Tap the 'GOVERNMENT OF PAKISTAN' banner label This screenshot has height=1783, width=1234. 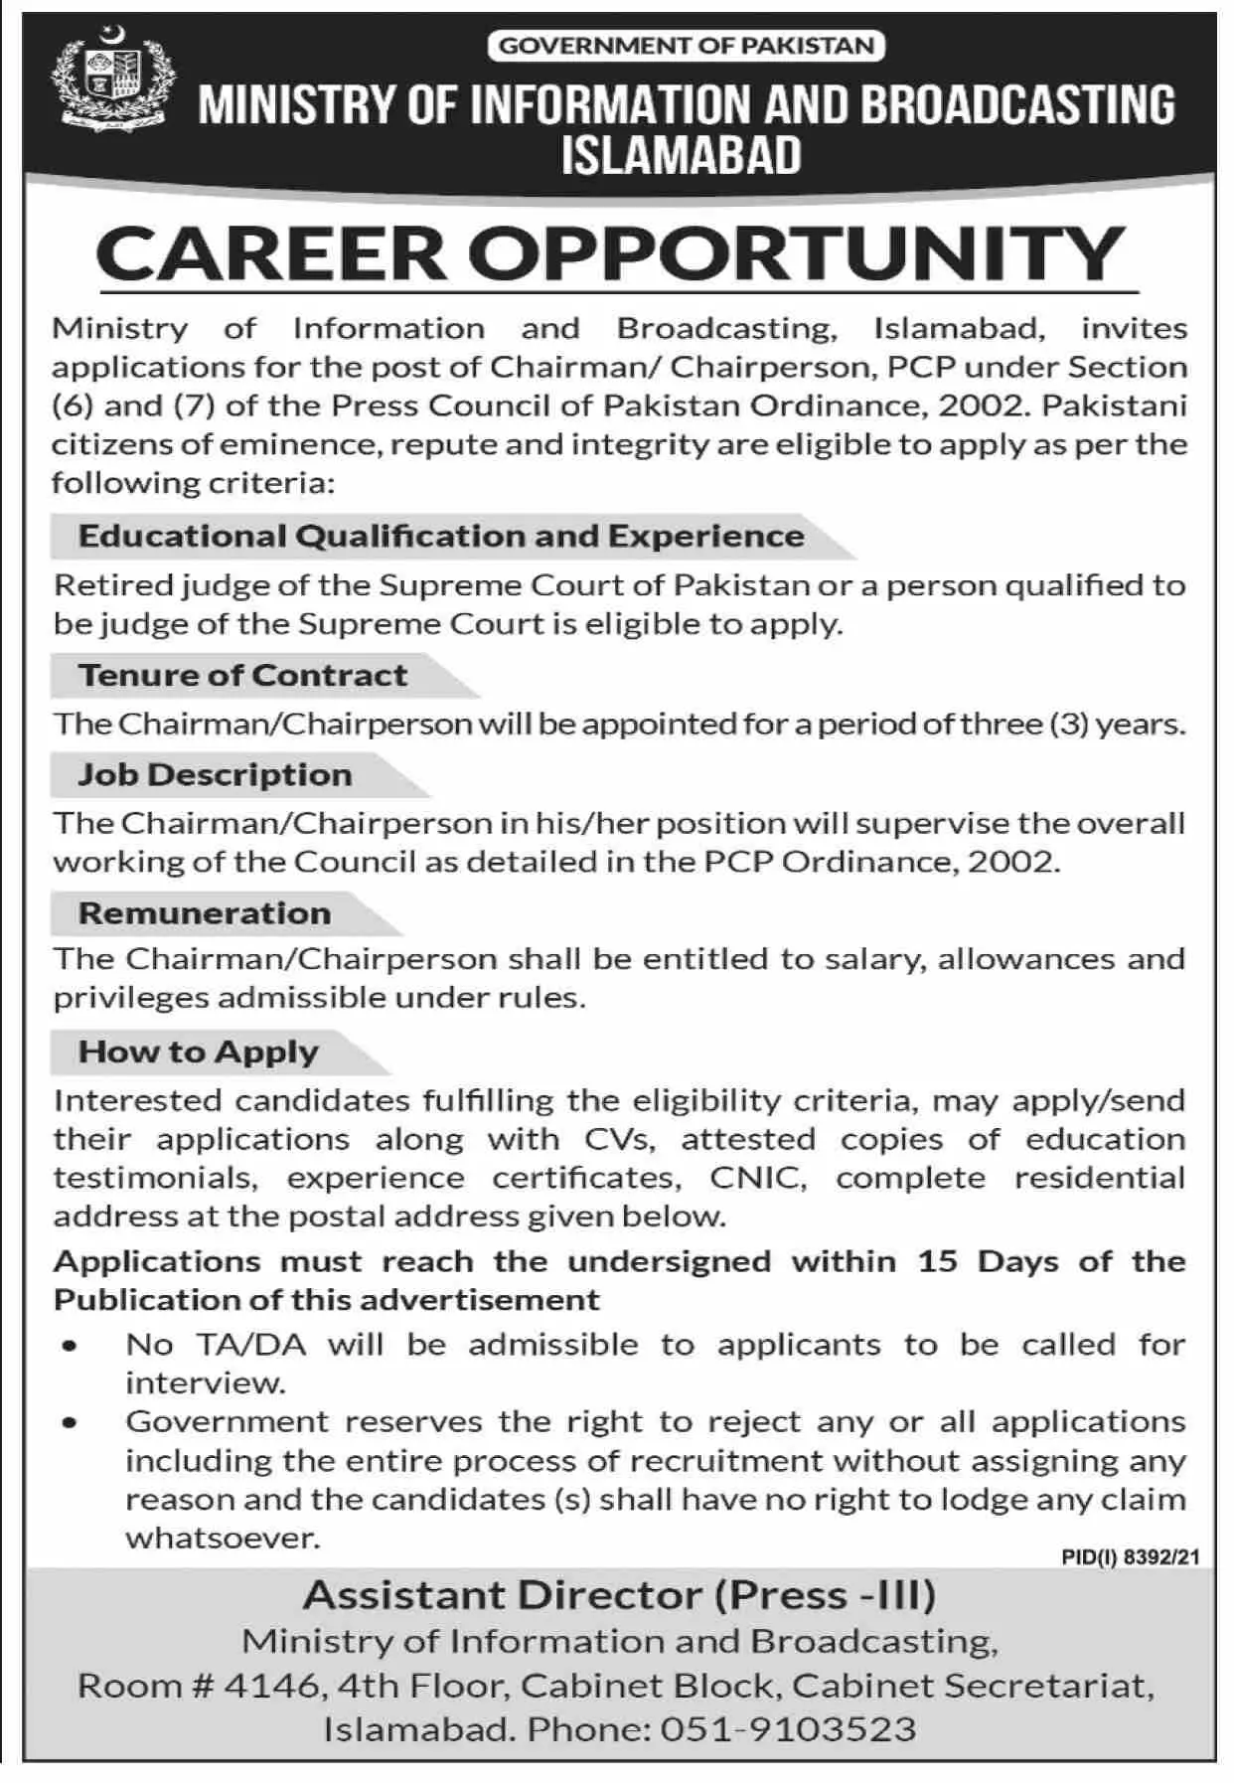pos(687,46)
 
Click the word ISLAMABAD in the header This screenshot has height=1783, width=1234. pos(682,156)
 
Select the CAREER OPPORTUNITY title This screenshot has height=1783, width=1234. pos(610,254)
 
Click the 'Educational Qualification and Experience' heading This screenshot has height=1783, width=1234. pos(441,537)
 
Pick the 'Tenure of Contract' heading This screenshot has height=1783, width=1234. pos(242,676)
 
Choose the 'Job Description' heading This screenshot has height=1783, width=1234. pos(215,775)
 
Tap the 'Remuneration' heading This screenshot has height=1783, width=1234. pos(205,913)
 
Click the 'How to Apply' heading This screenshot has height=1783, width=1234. pos(199,1053)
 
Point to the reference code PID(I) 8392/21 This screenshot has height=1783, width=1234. pos(1130,1558)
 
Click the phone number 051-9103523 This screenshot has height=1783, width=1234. pos(788,1729)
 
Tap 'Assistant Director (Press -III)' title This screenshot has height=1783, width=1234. pos(619,1595)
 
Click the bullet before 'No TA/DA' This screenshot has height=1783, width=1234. pos(70,1346)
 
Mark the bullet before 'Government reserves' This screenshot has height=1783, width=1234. pos(70,1423)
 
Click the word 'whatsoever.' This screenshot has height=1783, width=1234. pos(224,1539)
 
